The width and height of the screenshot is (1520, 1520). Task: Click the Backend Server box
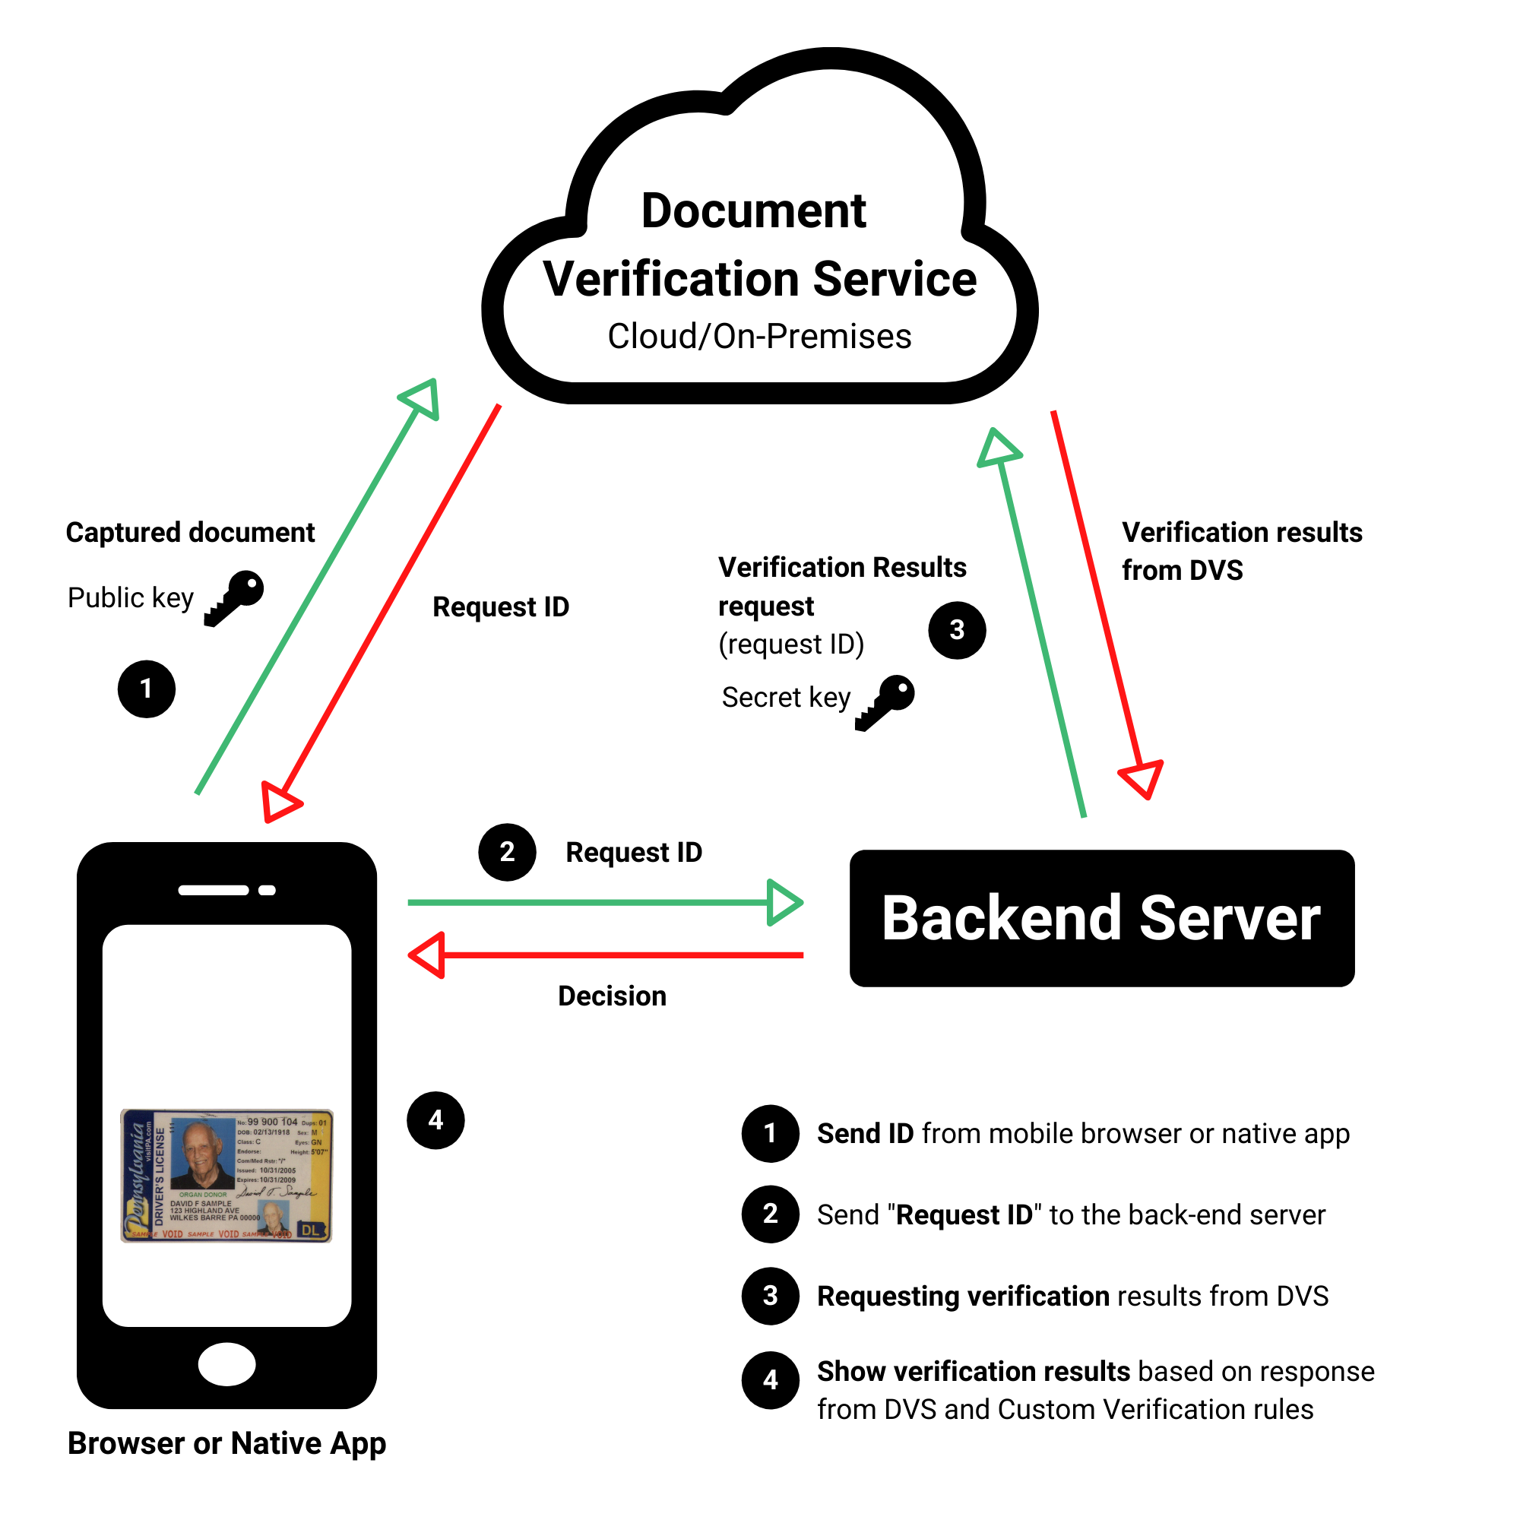(x=1101, y=918)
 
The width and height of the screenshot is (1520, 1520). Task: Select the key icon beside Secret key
(x=886, y=701)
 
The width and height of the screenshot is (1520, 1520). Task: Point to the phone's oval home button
(x=226, y=1363)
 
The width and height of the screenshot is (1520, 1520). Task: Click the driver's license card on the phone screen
(x=226, y=1176)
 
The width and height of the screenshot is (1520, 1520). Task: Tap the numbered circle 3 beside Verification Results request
(x=957, y=630)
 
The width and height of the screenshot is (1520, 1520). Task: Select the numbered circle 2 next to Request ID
(x=508, y=852)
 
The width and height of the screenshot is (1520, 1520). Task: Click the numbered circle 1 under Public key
(x=147, y=689)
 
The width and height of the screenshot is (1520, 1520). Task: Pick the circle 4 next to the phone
(x=435, y=1120)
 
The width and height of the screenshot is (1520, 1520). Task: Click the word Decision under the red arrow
(x=612, y=996)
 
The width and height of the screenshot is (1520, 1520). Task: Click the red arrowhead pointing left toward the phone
(x=427, y=955)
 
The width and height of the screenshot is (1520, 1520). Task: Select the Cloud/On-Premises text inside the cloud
(x=759, y=336)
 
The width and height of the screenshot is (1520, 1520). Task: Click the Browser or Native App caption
(x=226, y=1443)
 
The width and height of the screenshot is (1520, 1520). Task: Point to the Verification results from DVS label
(x=1241, y=551)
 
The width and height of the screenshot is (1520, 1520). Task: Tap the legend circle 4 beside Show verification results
(x=770, y=1379)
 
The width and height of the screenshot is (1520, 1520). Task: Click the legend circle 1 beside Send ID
(x=770, y=1134)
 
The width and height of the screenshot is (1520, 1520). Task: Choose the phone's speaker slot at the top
(x=214, y=890)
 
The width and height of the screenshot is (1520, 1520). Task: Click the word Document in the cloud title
(x=754, y=211)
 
